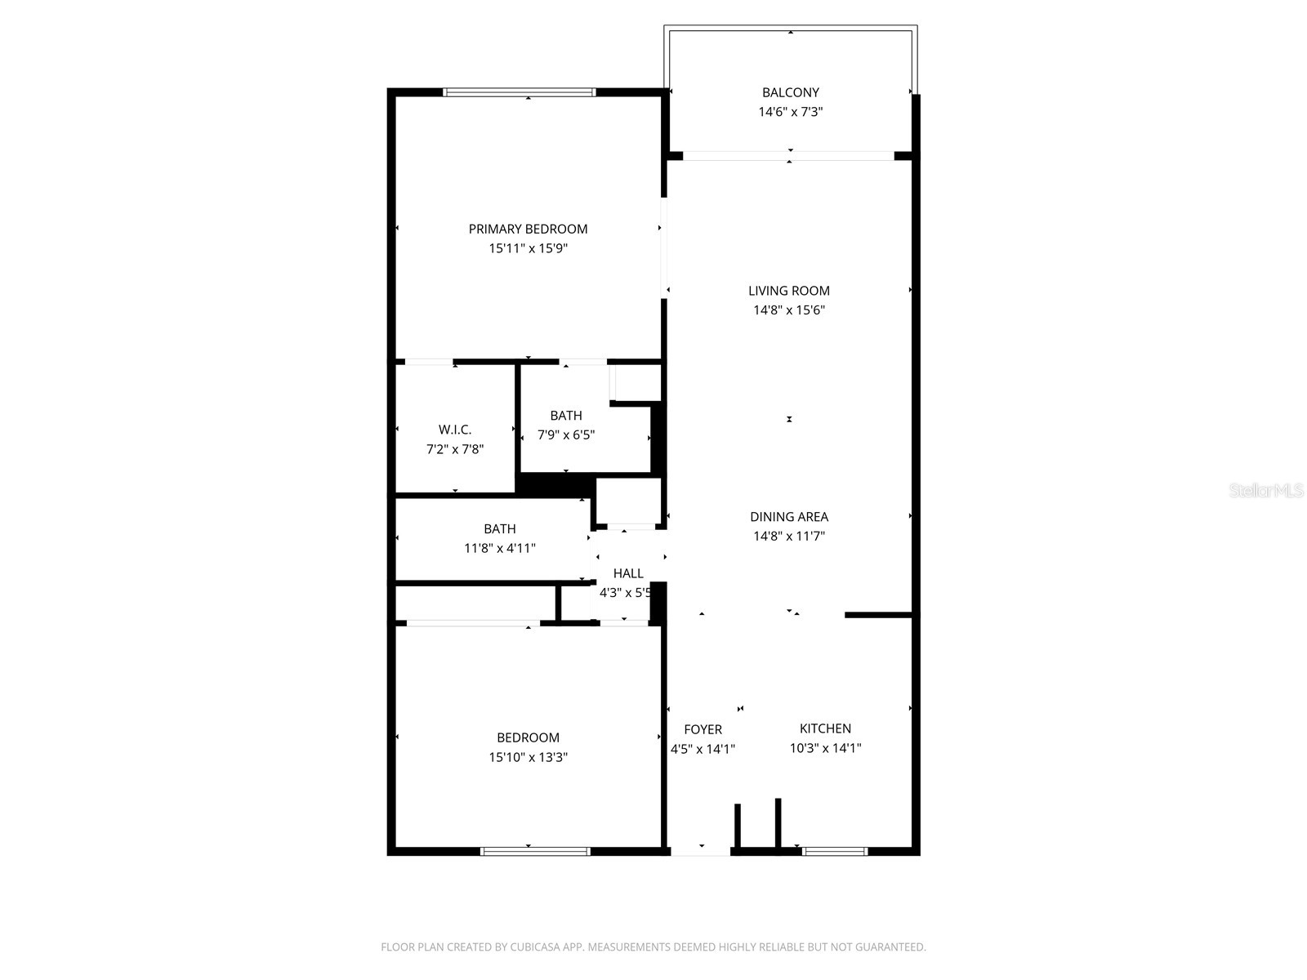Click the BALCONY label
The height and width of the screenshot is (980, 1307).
[x=790, y=92]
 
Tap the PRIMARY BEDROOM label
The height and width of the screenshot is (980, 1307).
[x=528, y=229]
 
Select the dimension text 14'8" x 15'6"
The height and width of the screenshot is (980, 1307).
[x=789, y=310]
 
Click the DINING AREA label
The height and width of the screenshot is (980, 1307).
[x=789, y=516]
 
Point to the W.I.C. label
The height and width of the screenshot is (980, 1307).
[x=455, y=430]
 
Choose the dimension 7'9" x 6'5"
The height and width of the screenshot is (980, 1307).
[x=565, y=435]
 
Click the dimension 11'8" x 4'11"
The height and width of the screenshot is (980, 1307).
[x=500, y=549]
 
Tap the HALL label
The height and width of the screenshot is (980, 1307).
[x=628, y=573]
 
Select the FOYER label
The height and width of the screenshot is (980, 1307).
[x=703, y=729]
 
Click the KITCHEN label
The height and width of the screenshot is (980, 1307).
[x=825, y=728]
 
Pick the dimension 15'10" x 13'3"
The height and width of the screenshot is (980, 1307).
[x=528, y=757]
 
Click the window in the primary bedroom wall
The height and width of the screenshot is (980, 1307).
[x=520, y=92]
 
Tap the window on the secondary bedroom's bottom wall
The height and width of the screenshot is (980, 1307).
[x=535, y=851]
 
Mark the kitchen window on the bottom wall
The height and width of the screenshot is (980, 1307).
[x=834, y=851]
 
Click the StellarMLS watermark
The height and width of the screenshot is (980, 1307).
[x=1267, y=491]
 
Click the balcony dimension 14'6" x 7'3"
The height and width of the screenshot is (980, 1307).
[x=790, y=112]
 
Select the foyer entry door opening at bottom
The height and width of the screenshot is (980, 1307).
[x=700, y=851]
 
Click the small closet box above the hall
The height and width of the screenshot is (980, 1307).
[x=628, y=501]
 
